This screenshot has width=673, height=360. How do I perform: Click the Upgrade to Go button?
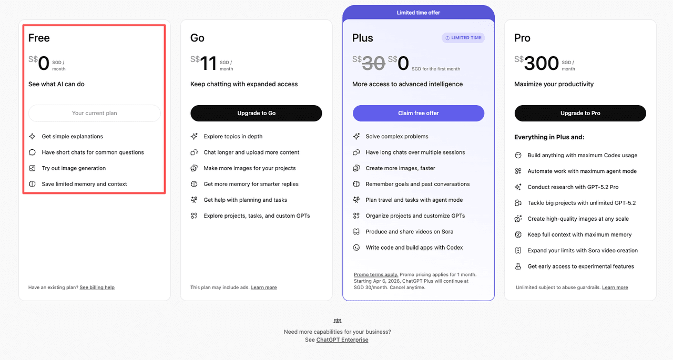256,113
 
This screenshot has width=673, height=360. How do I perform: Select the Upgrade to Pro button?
580,113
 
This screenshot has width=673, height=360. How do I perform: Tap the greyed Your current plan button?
95,113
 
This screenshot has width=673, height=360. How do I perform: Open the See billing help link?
97,287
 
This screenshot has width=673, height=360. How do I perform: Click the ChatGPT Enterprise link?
342,340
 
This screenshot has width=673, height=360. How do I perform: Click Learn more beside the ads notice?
264,287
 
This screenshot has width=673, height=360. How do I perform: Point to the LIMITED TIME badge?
463,38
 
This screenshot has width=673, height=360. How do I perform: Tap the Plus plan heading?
363,38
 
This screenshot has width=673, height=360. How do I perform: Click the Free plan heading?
39,38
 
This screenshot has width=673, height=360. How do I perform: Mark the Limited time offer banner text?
419,13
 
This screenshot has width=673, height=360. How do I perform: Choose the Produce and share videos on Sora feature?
409,232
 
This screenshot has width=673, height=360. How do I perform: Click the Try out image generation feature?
74,168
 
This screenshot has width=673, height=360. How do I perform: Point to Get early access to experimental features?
580,266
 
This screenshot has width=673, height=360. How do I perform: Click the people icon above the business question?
338,321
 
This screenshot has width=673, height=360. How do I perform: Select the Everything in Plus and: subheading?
549,137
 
